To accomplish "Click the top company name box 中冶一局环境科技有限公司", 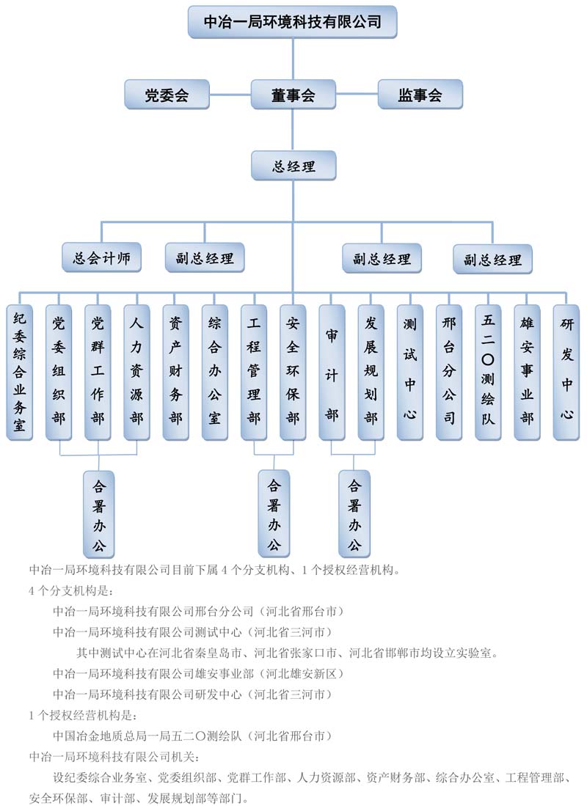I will pyautogui.click(x=293, y=22).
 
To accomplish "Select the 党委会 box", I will pyautogui.click(x=167, y=95).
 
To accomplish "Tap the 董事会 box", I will pyautogui.click(x=293, y=95).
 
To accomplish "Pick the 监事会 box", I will pyautogui.click(x=420, y=95).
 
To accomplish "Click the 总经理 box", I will pyautogui.click(x=293, y=166).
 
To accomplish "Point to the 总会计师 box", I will pyautogui.click(x=101, y=258).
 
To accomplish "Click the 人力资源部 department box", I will pyautogui.click(x=136, y=373).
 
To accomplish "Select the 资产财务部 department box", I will pyautogui.click(x=175, y=373).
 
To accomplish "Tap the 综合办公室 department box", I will pyautogui.click(x=215, y=373).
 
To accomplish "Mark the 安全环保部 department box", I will pyautogui.click(x=293, y=373).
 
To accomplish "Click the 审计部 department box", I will pyautogui.click(x=332, y=373).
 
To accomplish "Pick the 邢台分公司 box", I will pyautogui.click(x=449, y=373).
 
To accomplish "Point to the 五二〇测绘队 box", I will pyautogui.click(x=488, y=373).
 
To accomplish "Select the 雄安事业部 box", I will pyautogui.click(x=527, y=373).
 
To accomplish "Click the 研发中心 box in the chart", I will pyautogui.click(x=566, y=373).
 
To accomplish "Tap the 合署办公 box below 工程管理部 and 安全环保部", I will pyautogui.click(x=274, y=513).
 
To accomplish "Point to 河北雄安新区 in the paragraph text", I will pyautogui.click(x=302, y=673).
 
